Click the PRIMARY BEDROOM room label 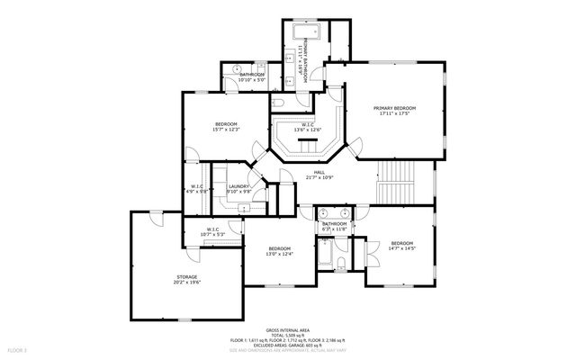[x=397, y=108]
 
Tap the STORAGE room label [x=186, y=276]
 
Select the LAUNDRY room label [x=238, y=186]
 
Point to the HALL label [x=319, y=172]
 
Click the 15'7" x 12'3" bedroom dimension [x=226, y=130]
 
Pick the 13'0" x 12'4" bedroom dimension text [x=279, y=255]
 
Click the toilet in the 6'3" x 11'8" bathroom [x=343, y=263]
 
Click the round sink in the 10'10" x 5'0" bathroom [x=237, y=68]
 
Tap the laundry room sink [x=243, y=206]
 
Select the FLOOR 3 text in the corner [x=18, y=348]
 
